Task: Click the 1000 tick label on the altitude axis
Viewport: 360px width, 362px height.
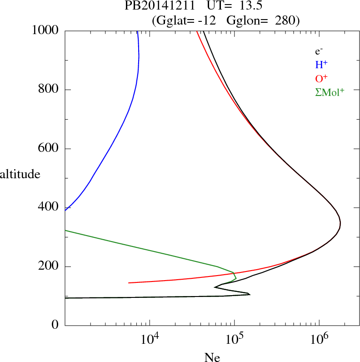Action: pos(45,30)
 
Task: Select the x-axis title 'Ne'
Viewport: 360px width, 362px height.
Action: pos(212,357)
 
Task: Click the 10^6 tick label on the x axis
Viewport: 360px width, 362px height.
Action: pos(319,339)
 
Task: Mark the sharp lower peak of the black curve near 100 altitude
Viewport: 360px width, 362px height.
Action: pos(250,294)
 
